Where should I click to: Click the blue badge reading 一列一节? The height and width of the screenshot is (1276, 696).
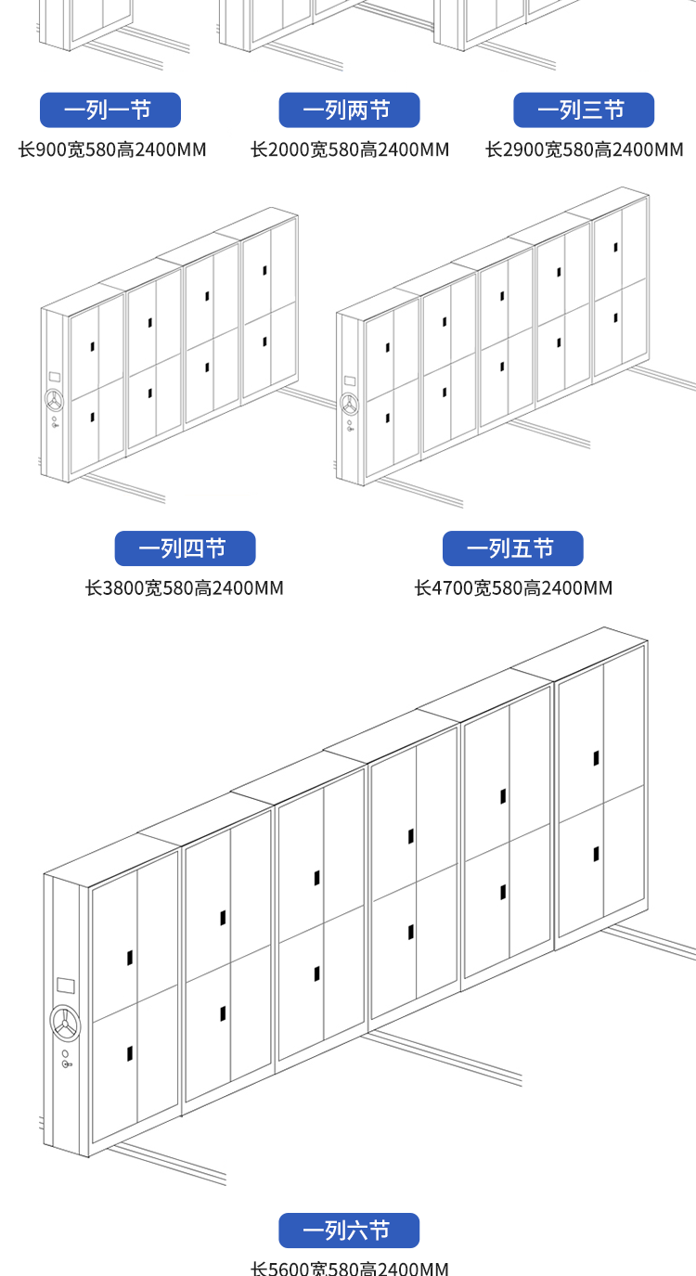coord(110,110)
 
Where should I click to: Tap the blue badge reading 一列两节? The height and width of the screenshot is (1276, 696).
coord(349,110)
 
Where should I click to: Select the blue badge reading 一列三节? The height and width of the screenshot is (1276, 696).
coord(584,110)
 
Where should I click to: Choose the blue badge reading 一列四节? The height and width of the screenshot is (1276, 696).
coord(185,548)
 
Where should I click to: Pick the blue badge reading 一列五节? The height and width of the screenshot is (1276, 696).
coord(512,548)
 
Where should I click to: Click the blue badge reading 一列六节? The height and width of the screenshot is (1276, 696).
coord(349,1231)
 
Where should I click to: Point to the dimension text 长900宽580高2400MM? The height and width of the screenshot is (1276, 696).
coord(112,149)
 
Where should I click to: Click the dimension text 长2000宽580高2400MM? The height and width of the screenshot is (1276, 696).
coord(350,149)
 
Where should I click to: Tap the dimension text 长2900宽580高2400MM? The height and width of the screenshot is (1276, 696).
coord(585,149)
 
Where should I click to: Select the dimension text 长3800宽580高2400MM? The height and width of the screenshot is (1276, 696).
coord(185,588)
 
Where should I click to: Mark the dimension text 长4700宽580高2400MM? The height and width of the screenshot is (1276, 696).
coord(513,588)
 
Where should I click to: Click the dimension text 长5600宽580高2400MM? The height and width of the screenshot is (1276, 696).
coord(350,1268)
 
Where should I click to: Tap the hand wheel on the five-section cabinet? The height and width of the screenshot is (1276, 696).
coord(350,405)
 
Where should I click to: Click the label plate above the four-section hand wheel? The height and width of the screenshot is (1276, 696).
coord(54,378)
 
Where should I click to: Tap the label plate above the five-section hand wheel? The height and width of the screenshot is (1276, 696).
coord(350,380)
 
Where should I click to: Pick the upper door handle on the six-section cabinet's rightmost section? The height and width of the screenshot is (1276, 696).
coord(596,758)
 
